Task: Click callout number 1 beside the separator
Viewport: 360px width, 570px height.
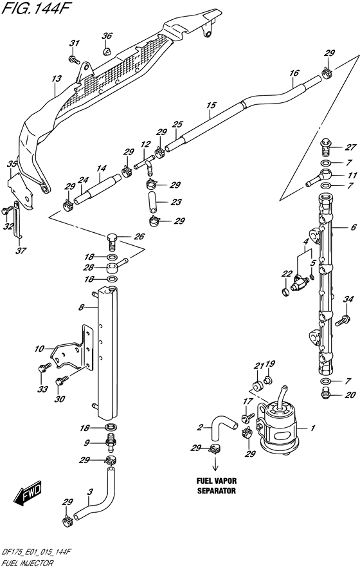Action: [x=312, y=428]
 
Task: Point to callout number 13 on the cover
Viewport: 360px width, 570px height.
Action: [x=57, y=79]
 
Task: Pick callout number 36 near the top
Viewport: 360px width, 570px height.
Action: [x=107, y=35]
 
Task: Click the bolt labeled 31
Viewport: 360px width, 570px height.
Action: [x=75, y=59]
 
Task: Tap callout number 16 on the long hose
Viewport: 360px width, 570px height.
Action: [x=293, y=73]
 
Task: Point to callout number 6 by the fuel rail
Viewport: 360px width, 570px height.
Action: [x=353, y=228]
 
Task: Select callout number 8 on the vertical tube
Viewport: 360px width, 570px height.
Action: [x=82, y=308]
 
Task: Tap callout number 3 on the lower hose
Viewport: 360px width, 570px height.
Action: [x=90, y=492]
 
